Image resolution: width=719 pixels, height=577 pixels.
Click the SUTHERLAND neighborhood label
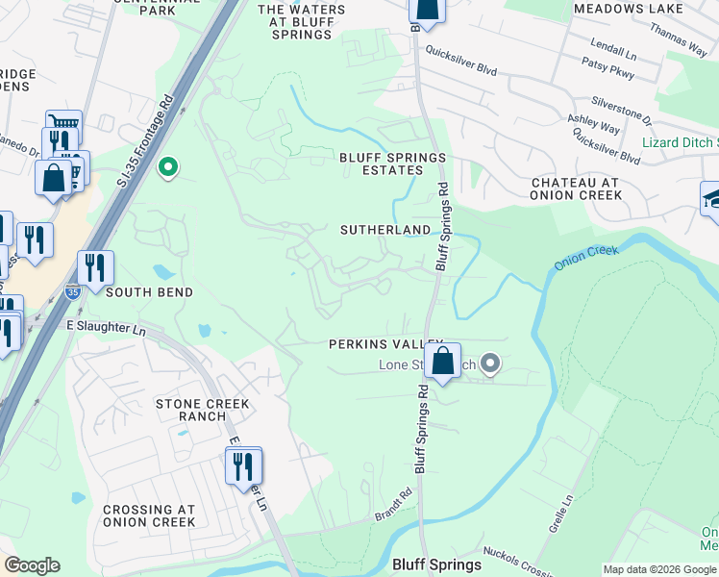[x=385, y=230]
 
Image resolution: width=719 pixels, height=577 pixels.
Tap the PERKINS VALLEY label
[x=384, y=343]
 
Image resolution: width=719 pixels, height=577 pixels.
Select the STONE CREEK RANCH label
[x=203, y=410]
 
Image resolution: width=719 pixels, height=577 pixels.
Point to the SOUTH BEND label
[x=149, y=291]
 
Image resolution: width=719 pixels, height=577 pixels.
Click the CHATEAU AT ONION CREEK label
[x=576, y=188]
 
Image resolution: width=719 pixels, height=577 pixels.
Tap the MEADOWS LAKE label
[x=628, y=9]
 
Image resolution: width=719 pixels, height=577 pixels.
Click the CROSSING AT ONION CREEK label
[x=149, y=515]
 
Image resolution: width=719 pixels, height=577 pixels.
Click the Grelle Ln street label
[x=563, y=512]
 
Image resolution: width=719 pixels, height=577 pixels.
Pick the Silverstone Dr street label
[x=622, y=110]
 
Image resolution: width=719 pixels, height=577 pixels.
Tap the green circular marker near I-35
[x=168, y=168]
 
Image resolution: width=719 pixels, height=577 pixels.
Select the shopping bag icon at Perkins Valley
[x=442, y=363]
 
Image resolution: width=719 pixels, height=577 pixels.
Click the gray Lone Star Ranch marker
[x=490, y=364]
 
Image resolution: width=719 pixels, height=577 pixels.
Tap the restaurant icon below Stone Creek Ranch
[x=243, y=466]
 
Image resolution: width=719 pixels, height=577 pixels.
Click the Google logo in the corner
[x=32, y=565]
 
